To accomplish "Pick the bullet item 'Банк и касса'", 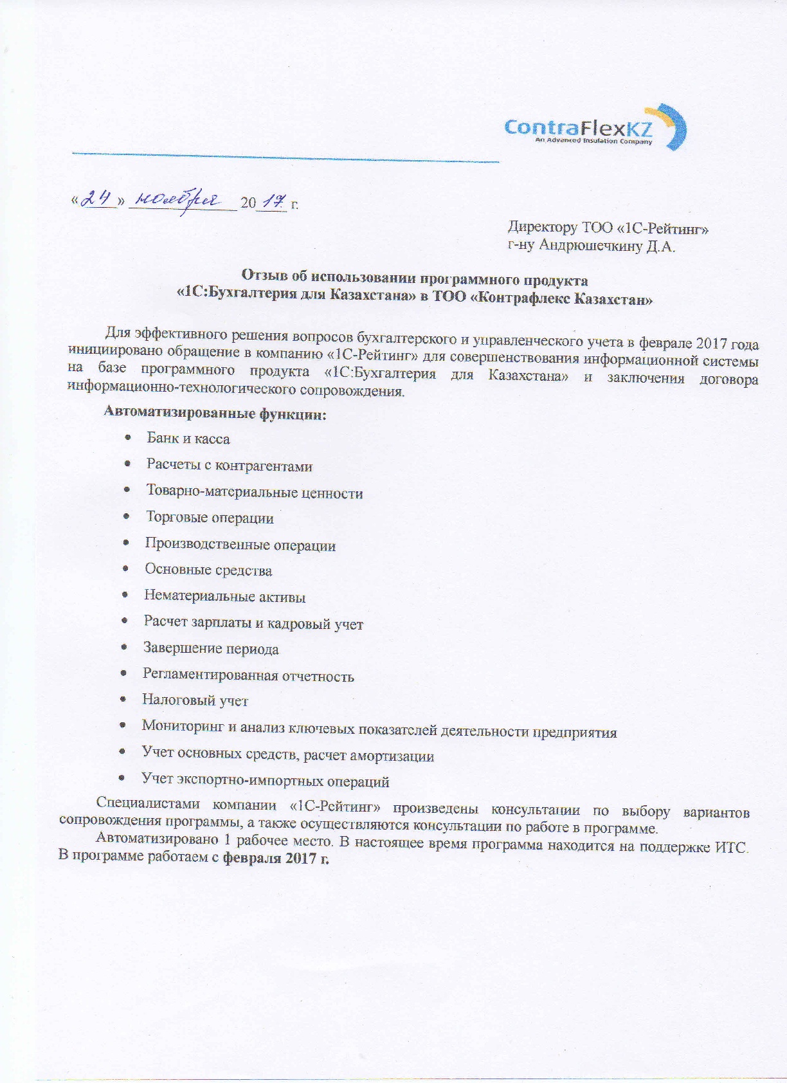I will [x=188, y=439].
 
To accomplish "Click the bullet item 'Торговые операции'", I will [x=210, y=518].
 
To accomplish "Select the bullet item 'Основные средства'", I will [x=208, y=570].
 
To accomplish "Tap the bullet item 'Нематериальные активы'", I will [x=224, y=596].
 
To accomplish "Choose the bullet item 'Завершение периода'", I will [x=211, y=648].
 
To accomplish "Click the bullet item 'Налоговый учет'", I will [x=195, y=700].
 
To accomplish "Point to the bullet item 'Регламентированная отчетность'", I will [x=248, y=675].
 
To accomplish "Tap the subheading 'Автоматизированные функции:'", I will [x=215, y=414].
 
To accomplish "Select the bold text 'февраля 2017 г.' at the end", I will [x=276, y=859].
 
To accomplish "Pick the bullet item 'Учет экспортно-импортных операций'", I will [x=265, y=781].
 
